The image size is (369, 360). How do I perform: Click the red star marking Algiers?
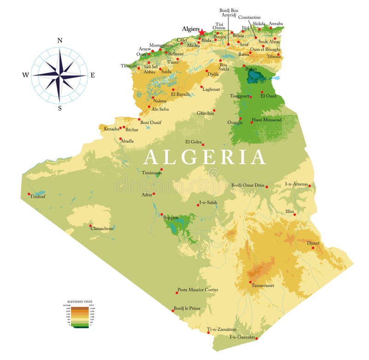point(202,32)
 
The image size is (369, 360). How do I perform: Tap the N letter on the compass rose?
point(60,41)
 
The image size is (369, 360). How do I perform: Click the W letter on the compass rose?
point(25,75)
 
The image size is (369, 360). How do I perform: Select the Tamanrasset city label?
point(263,286)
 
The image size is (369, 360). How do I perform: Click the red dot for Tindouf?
point(29,194)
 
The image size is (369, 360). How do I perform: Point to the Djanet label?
point(313,243)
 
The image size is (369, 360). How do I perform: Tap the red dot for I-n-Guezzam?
point(256,339)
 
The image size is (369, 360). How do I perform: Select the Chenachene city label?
point(102,228)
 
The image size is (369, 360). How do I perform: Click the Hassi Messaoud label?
point(267,120)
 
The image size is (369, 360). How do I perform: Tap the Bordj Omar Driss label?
point(248,185)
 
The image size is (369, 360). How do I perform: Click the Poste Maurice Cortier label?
point(198,289)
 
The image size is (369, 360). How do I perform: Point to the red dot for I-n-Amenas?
point(309,186)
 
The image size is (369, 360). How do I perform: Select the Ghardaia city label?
point(205,113)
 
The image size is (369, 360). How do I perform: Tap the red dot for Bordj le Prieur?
point(173,311)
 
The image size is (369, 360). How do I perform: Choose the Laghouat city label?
point(211,89)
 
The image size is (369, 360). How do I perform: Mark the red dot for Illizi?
point(295,214)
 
